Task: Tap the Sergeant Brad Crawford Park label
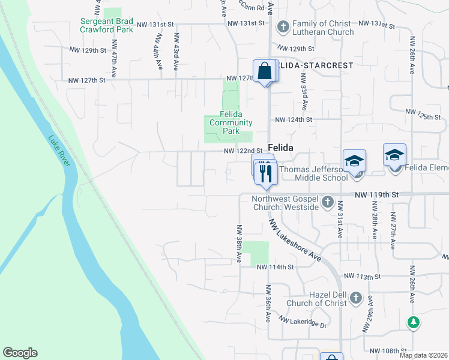tap(107, 25)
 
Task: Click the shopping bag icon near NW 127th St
tap(265, 71)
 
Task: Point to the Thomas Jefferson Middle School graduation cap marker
tap(354, 161)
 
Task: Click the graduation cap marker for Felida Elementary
tap(394, 155)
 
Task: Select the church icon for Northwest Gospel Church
tap(327, 202)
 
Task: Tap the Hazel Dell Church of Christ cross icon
tap(355, 298)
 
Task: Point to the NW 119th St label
tap(376, 195)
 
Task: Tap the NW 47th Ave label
tap(112, 61)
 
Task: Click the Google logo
tap(20, 353)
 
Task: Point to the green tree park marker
tap(413, 322)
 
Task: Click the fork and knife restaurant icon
tap(265, 173)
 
